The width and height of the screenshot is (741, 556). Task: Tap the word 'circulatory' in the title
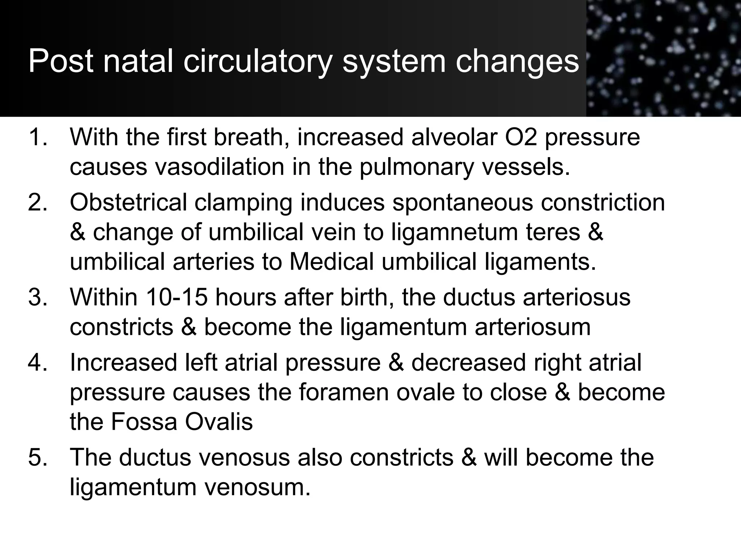(x=257, y=62)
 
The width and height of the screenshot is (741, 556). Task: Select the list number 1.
(x=38, y=138)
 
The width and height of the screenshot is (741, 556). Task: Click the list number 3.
(x=38, y=298)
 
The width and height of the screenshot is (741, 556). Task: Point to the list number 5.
(x=38, y=457)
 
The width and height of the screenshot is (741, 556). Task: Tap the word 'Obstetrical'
(x=128, y=202)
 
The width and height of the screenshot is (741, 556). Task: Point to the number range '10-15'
(x=177, y=298)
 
